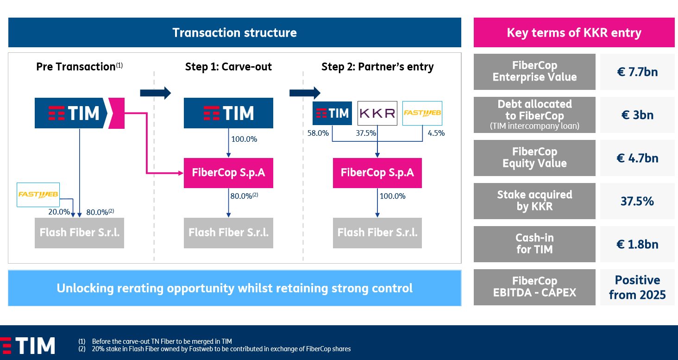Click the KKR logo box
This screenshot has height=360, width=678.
click(377, 113)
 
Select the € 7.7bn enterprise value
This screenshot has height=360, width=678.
click(637, 72)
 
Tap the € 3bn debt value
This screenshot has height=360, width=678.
click(637, 115)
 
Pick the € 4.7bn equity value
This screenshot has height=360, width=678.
click(637, 158)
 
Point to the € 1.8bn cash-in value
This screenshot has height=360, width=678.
click(637, 244)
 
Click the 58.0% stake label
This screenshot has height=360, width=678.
click(318, 133)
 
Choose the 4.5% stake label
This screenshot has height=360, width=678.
click(436, 133)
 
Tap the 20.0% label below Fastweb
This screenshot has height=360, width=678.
click(59, 212)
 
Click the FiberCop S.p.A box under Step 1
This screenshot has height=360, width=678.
click(228, 173)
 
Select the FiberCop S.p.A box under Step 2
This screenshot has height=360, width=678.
click(377, 173)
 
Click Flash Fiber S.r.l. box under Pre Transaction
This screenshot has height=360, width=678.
click(79, 233)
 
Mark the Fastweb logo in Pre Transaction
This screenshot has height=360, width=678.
click(38, 195)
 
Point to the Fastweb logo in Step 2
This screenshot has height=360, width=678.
click(422, 113)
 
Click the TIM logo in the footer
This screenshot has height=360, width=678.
click(27, 346)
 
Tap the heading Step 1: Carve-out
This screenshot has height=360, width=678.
click(228, 67)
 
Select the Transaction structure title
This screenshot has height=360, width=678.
click(235, 33)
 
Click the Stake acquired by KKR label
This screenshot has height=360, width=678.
click(534, 201)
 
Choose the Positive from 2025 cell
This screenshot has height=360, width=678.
click(637, 287)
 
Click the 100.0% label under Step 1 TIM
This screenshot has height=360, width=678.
click(244, 139)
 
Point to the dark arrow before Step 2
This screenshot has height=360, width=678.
click(305, 93)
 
